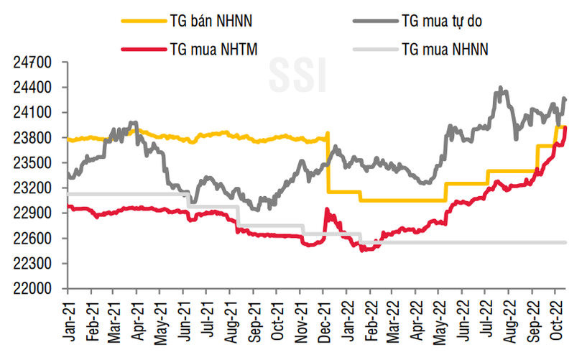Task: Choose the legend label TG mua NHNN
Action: point(446,50)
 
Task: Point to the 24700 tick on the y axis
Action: point(31,63)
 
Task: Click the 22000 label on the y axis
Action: point(31,289)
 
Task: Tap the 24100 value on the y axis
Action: point(31,113)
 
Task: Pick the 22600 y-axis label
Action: point(31,239)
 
